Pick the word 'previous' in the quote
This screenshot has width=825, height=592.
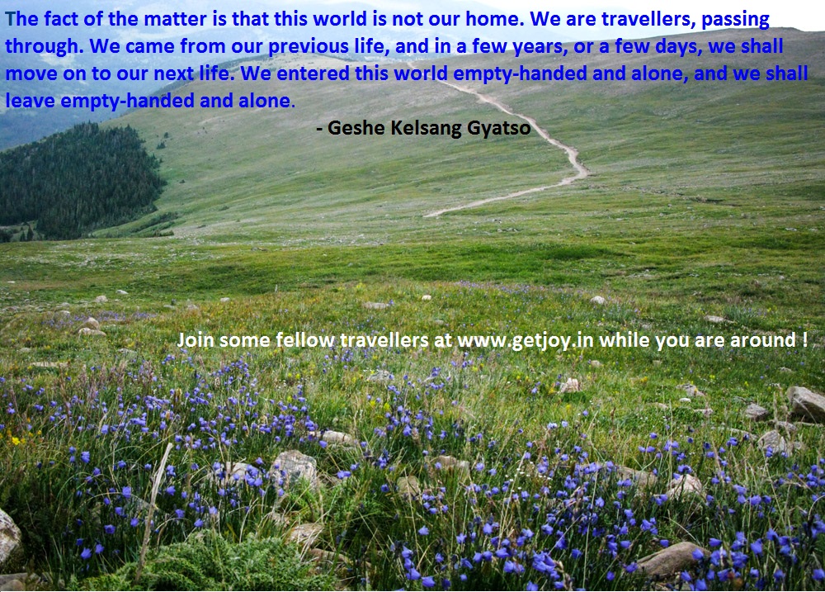[x=309, y=47]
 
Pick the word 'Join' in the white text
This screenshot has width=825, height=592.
[x=196, y=340]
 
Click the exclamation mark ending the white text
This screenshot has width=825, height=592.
[x=805, y=339]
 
